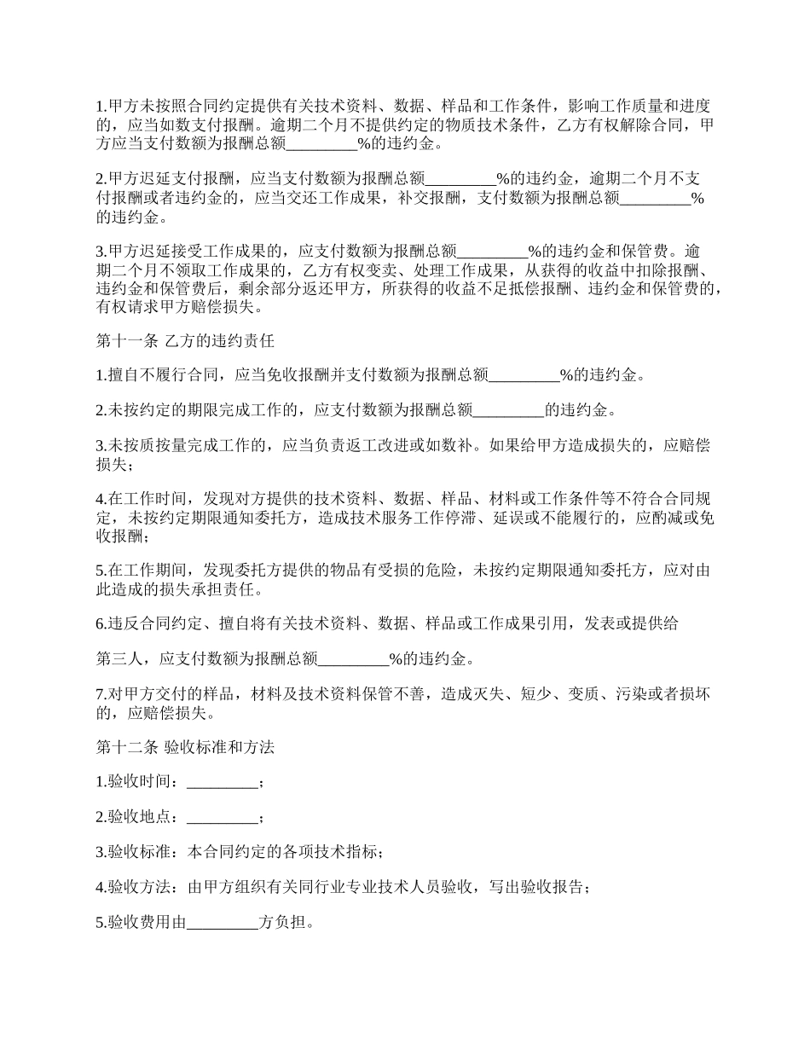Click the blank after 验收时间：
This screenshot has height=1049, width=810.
coord(221,783)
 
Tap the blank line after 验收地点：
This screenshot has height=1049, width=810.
coord(221,818)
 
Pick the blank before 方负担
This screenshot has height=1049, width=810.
coord(221,923)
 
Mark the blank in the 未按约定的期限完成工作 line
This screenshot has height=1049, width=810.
coord(508,410)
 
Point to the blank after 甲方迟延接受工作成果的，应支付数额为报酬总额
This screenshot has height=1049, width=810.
coord(493,252)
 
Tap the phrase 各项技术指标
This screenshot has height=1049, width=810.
coord(327,853)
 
